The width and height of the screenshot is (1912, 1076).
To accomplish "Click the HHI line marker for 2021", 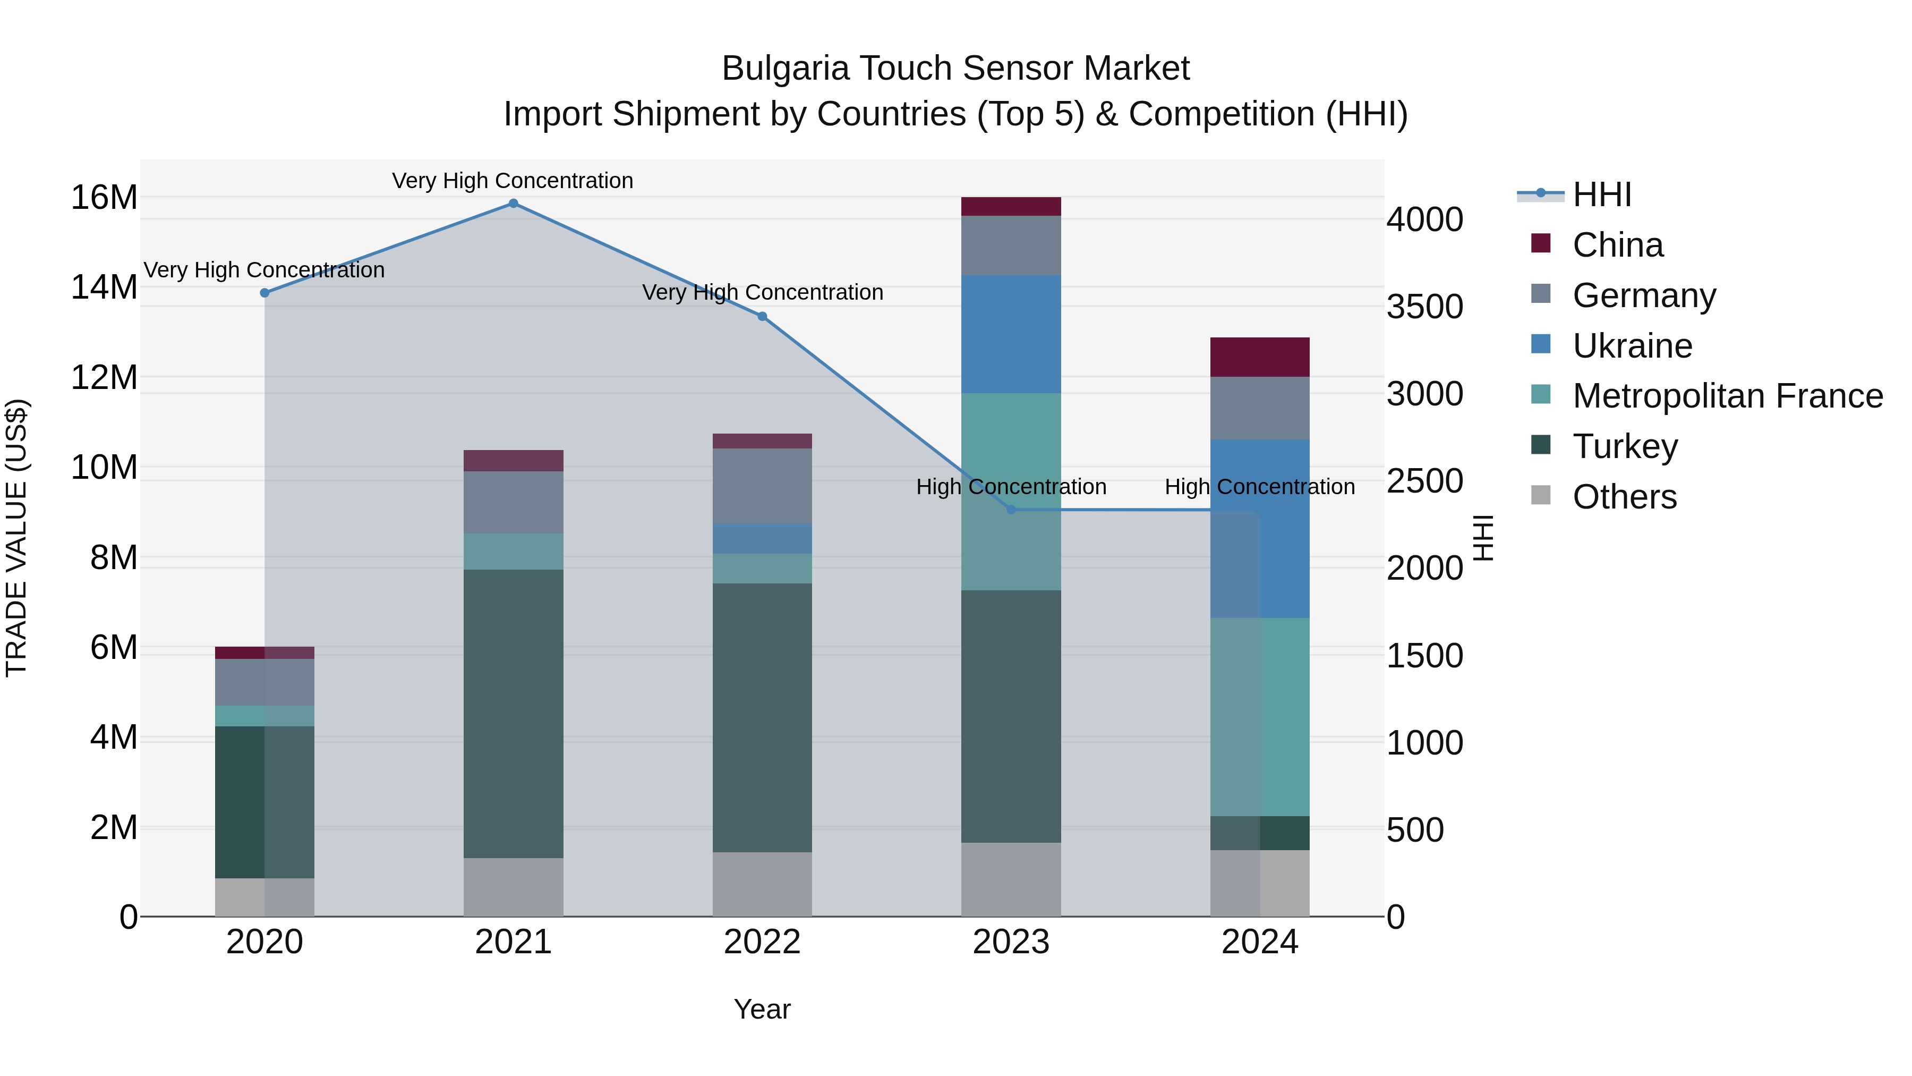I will click(513, 204).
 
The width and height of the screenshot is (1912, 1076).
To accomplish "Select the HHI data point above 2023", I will click(1011, 510).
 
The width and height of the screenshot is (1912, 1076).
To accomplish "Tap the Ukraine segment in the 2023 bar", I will click(1011, 334).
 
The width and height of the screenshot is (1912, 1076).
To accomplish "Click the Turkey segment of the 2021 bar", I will click(513, 713).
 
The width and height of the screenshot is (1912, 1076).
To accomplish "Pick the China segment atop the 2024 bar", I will click(1260, 357).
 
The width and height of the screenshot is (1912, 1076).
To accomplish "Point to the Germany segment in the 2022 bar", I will click(762, 486).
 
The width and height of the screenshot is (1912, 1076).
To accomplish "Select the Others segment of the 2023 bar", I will click(1011, 879).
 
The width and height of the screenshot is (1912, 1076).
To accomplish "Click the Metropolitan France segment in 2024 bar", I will click(1260, 717).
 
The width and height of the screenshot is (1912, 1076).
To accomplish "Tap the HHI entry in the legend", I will click(1602, 194).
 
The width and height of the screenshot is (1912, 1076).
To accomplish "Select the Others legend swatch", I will click(1541, 495).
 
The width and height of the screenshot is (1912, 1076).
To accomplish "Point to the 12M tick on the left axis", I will click(104, 377).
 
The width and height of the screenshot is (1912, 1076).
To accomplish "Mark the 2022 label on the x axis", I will click(762, 942).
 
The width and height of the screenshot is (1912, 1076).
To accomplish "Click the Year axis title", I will click(762, 1009).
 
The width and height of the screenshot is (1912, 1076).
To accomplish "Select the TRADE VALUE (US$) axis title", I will click(16, 538).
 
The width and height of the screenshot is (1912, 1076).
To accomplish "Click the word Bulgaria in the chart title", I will click(784, 69).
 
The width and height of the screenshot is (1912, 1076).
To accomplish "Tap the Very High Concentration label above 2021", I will click(513, 181).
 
